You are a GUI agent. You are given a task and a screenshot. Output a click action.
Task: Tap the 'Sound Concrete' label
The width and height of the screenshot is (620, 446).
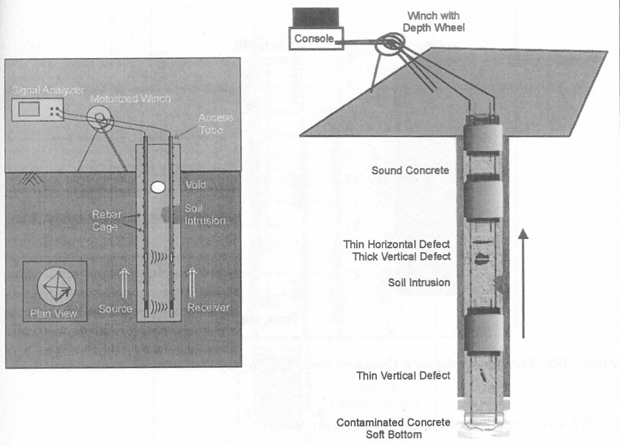coord(410,171)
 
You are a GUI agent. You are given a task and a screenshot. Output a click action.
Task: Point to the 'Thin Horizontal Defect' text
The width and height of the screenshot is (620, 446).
coord(397,244)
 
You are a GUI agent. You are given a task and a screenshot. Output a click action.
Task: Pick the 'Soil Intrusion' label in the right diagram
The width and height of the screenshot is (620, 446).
coord(418,282)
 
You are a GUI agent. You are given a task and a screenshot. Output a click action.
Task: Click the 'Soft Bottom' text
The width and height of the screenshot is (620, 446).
coord(394,433)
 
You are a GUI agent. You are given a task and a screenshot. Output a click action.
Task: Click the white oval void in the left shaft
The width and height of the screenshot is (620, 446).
coord(157,187)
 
